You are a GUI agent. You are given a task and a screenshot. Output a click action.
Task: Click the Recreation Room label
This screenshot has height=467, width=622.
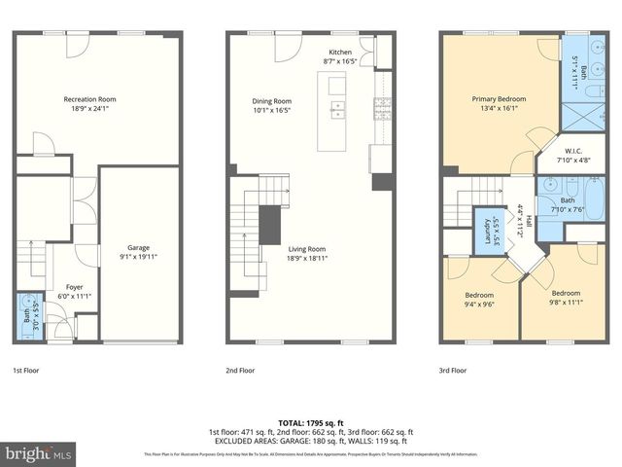click(x=89, y=99)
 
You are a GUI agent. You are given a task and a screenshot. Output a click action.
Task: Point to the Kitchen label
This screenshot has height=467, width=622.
click(x=340, y=51)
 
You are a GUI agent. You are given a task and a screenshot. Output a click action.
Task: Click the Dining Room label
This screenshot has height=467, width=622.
click(x=271, y=101)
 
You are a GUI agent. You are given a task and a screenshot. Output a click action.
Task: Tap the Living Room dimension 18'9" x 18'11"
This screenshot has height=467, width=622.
click(x=320, y=259)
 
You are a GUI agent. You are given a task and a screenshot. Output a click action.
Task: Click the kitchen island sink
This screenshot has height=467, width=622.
click(x=337, y=108)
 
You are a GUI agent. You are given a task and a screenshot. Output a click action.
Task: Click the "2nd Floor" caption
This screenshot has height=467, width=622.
click(x=240, y=371)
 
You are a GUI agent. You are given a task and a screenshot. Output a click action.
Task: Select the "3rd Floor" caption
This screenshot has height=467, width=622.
click(x=452, y=371)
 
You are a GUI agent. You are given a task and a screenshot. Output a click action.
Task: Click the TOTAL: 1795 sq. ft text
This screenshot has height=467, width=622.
click(x=311, y=423)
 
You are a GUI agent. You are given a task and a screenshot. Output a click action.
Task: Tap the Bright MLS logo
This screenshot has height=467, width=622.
click(x=39, y=453)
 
